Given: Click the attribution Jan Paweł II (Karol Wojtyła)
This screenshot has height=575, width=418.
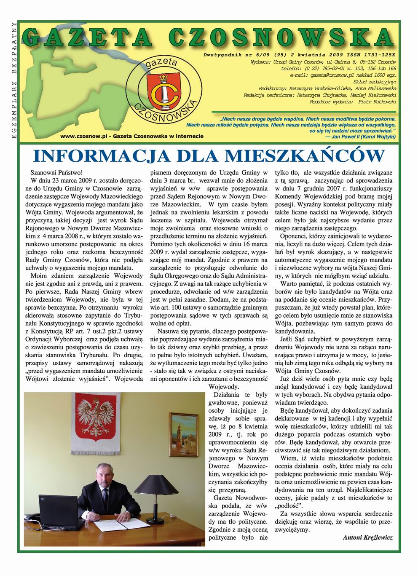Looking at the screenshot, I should (361, 137).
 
